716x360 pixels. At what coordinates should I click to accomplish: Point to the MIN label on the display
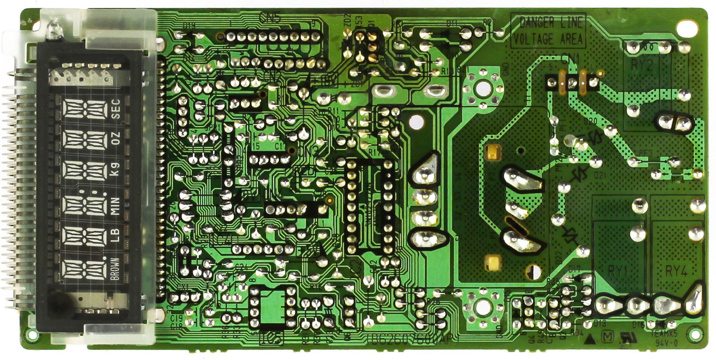[x=116, y=205]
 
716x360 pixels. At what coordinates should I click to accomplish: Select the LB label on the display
[x=116, y=236]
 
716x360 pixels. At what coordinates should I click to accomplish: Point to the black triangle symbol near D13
[x=589, y=338]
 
